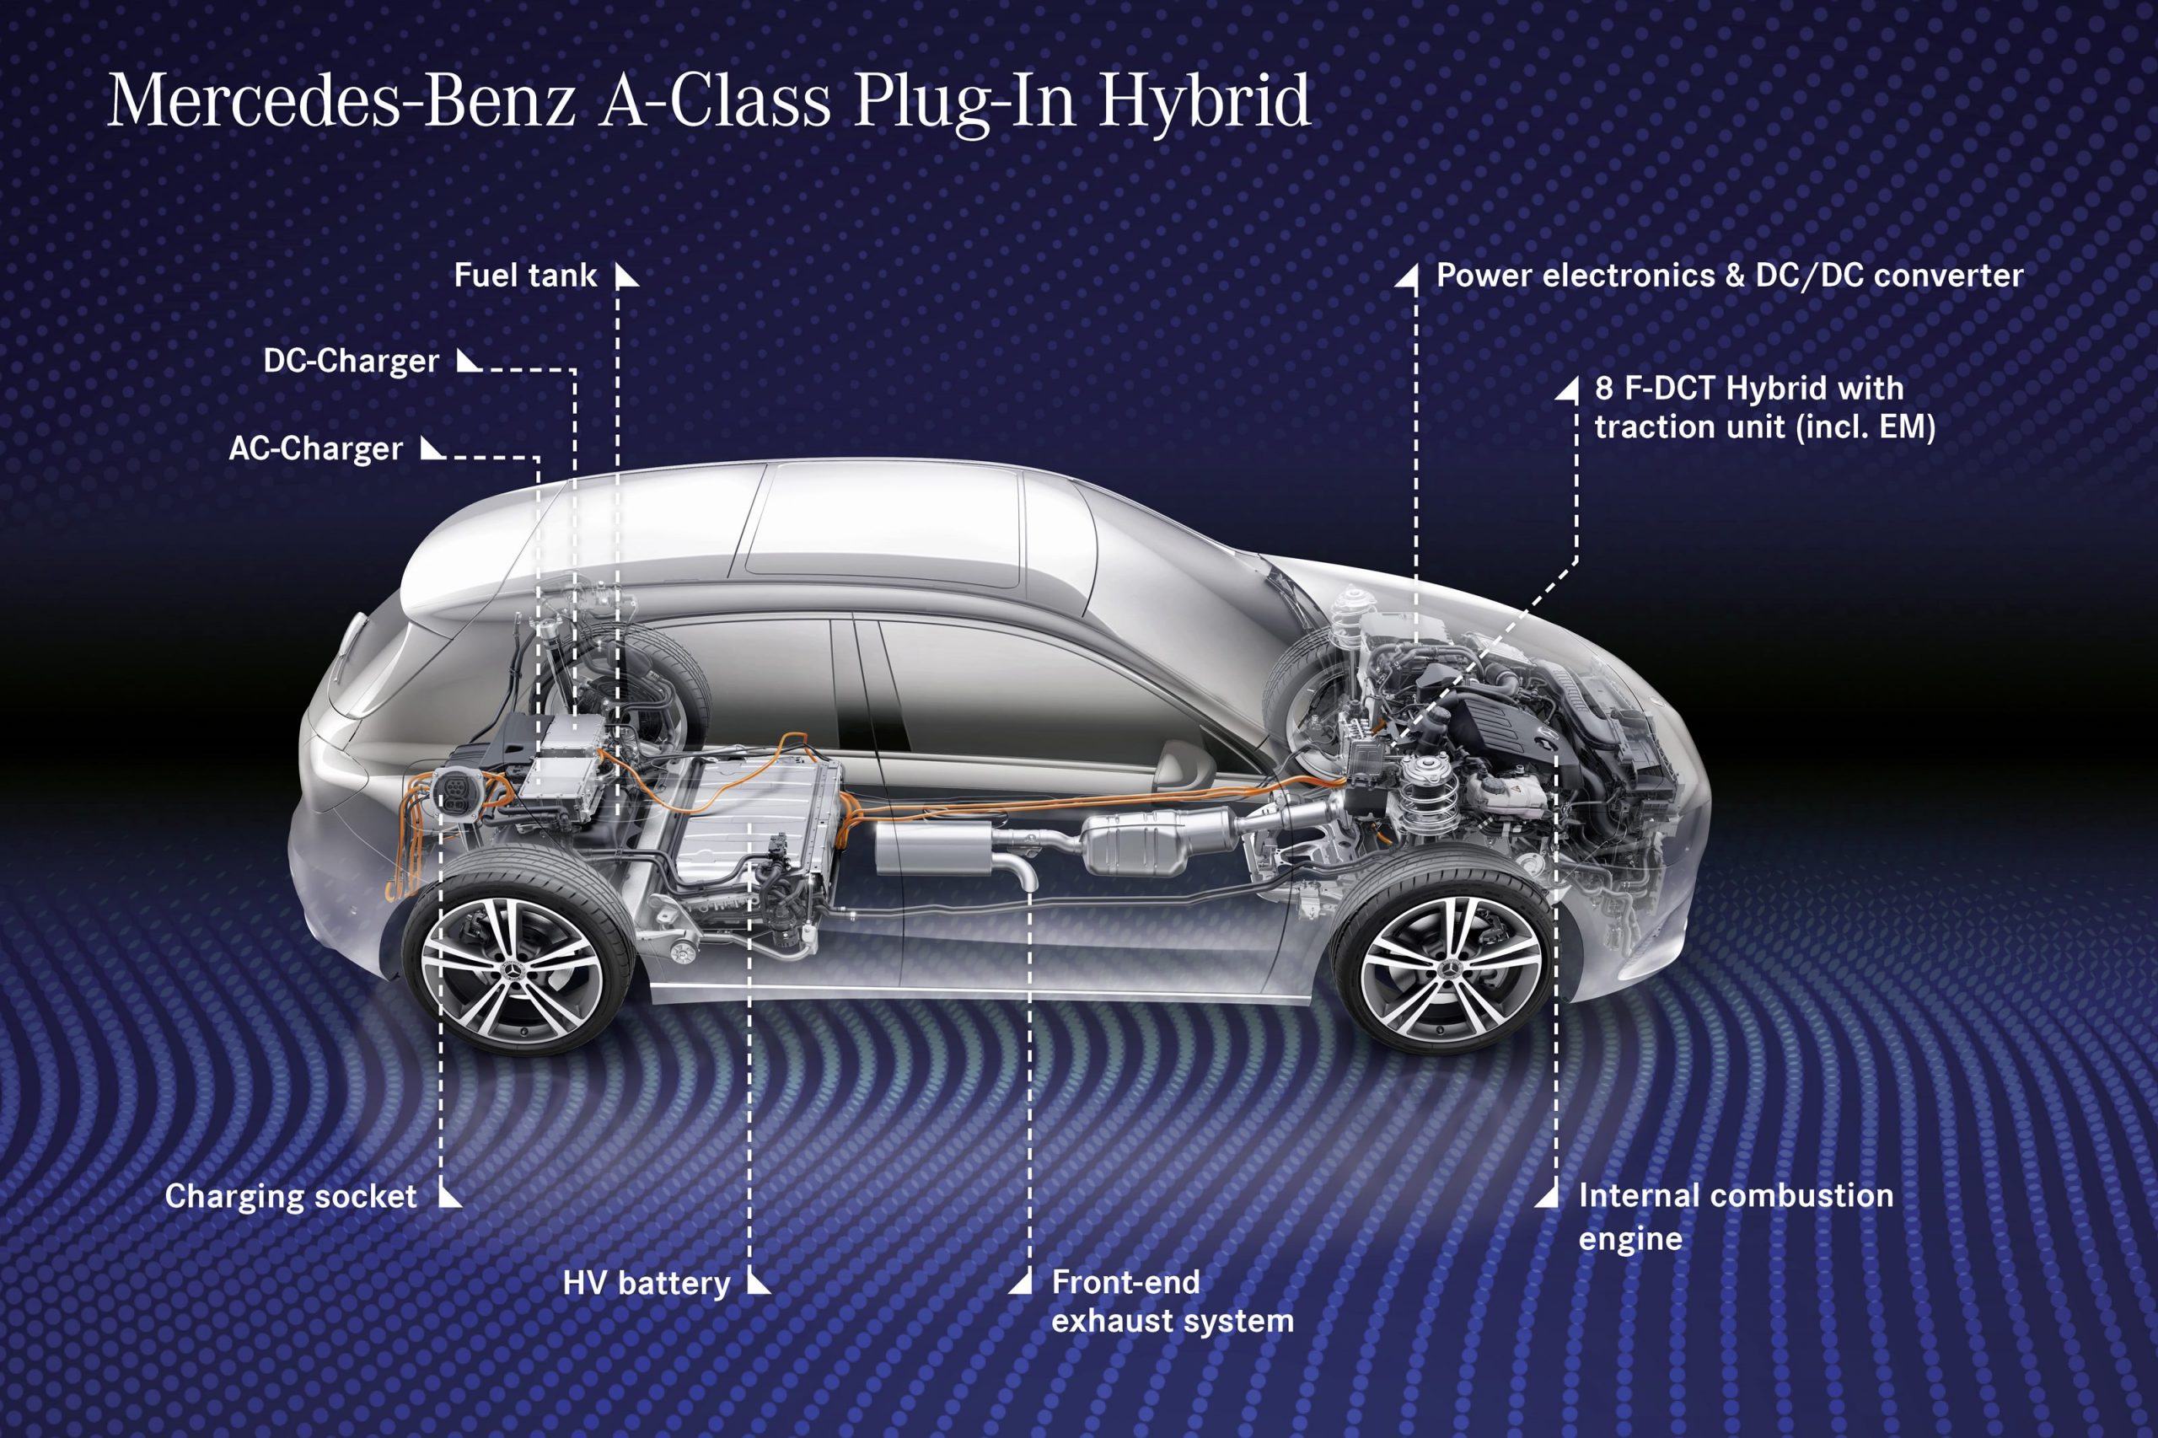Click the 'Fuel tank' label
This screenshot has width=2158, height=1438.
[x=524, y=275]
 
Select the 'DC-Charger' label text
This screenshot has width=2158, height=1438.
[x=351, y=362]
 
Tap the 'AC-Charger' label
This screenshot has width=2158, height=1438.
[x=315, y=448]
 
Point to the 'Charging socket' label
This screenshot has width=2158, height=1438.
[x=291, y=1196]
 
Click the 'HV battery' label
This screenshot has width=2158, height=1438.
[x=646, y=1282]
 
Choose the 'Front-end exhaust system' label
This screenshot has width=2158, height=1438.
[x=1172, y=1301]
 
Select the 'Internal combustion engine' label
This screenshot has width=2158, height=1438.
[x=1735, y=1216]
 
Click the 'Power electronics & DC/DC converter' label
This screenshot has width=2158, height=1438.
[x=1729, y=275]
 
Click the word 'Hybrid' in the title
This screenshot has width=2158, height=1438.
[x=1205, y=103]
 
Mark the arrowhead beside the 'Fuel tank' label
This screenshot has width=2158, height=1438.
[x=626, y=275]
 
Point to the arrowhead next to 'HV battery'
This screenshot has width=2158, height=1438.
[x=758, y=1281]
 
